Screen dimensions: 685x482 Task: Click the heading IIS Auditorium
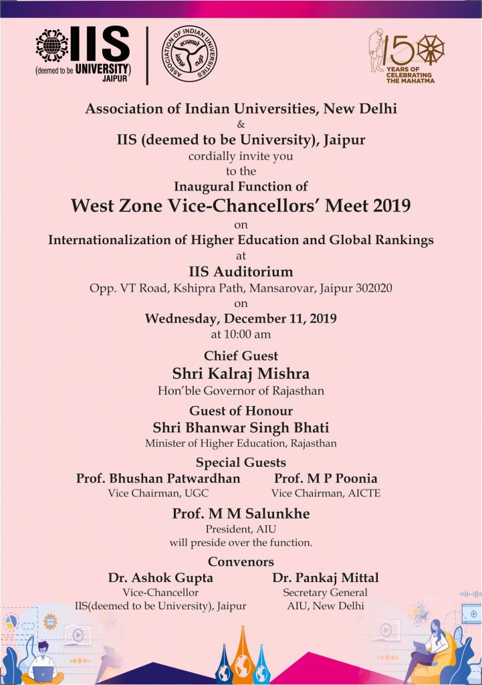click(x=241, y=272)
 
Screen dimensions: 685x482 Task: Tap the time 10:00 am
click(x=241, y=334)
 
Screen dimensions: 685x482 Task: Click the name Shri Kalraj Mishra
click(x=241, y=373)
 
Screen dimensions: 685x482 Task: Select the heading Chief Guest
click(x=241, y=356)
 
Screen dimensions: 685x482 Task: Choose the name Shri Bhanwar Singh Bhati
click(x=241, y=427)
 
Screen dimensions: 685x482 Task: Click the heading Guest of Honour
click(x=241, y=411)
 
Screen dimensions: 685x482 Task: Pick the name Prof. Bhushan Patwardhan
click(x=158, y=478)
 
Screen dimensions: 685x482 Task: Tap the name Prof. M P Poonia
click(x=326, y=478)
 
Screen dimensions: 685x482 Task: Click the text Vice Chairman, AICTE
click(x=326, y=494)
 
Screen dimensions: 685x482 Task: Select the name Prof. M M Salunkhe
click(x=241, y=514)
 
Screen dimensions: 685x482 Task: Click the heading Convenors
click(x=241, y=561)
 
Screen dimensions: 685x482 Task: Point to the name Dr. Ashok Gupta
click(x=160, y=577)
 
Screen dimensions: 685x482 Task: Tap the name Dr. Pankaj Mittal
click(x=326, y=577)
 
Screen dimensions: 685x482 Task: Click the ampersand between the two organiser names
click(x=241, y=124)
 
